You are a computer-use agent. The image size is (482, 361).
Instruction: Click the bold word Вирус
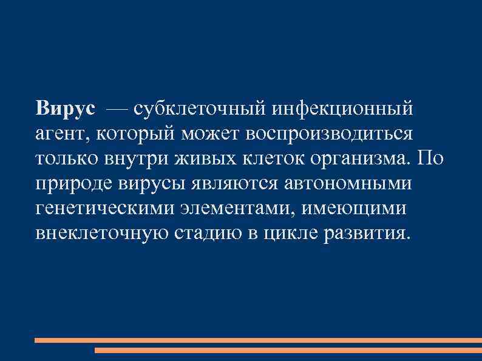[66, 109]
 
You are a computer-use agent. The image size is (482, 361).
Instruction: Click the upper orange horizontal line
[258, 340]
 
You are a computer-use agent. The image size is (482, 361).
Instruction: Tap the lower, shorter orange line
[288, 350]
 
